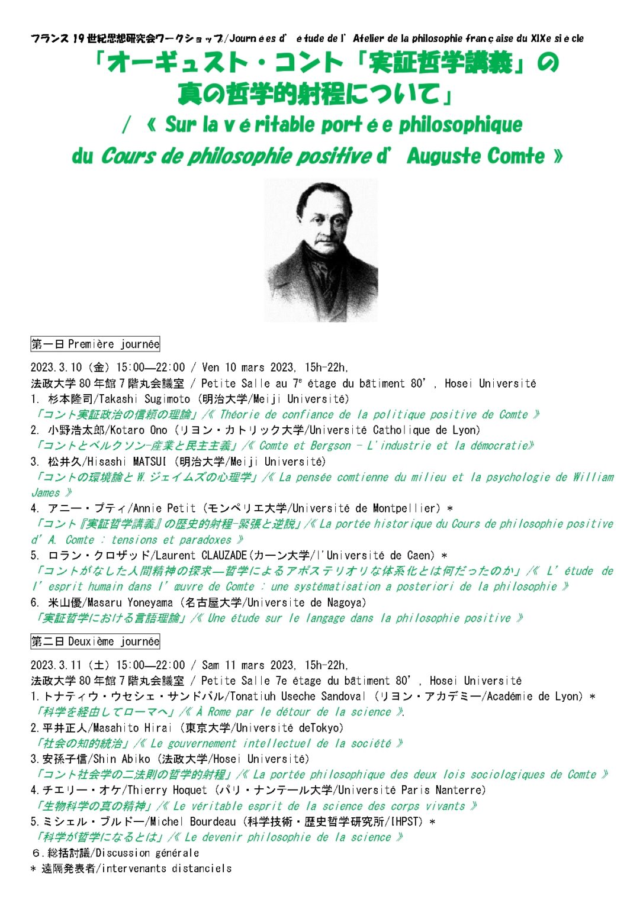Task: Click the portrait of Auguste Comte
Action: [321, 250]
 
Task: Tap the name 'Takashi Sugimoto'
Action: [144, 399]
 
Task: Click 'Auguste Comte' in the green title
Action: [475, 156]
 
